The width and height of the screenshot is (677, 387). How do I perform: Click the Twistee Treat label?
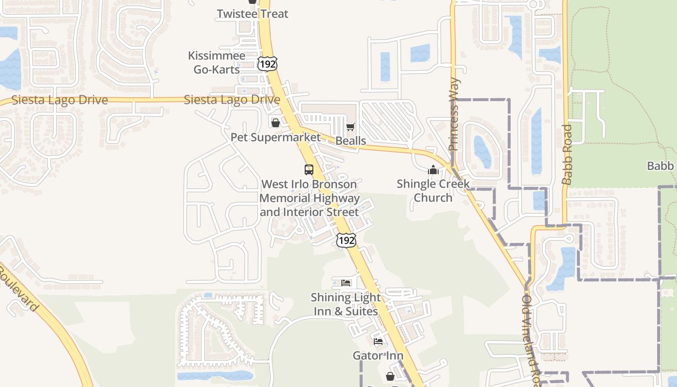pos(252,14)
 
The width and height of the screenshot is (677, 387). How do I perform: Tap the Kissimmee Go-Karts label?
pos(217,63)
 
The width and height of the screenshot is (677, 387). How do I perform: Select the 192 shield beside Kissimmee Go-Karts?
pos(267,64)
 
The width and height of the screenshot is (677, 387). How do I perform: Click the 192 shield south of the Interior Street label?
pos(347,240)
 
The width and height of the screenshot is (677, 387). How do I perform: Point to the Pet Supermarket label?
pos(275,137)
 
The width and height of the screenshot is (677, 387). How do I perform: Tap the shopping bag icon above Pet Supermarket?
pos(275,123)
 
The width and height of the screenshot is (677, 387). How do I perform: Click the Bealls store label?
pos(351,141)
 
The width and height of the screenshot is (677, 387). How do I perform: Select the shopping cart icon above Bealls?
pos(351,127)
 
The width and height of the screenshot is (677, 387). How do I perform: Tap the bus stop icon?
pos(309,170)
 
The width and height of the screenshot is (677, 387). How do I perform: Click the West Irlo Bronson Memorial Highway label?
pos(309,198)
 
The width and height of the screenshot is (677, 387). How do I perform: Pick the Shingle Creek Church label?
pos(433,191)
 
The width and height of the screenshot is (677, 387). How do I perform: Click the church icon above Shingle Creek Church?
pos(433,170)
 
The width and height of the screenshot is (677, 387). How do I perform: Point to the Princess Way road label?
pos(454,115)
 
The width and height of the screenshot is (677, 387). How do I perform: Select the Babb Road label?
pos(567,154)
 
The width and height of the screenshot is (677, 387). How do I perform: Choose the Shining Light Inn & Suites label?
pos(346,304)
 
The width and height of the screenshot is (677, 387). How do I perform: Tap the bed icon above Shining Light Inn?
pos(346,283)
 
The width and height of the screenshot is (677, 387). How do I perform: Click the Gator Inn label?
pos(378,356)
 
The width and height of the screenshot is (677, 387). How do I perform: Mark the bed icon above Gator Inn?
pos(378,342)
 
